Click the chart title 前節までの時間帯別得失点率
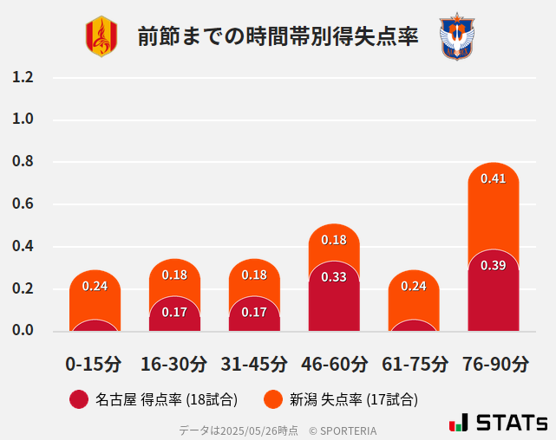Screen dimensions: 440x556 pos(278,37)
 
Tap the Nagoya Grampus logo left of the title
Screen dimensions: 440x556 pos(101,36)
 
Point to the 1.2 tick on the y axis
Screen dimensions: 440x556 pos(23,77)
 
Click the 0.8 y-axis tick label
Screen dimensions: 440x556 pos(23,161)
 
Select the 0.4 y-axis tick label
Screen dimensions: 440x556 pos(23,246)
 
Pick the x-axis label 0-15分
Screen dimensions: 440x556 pos(95,363)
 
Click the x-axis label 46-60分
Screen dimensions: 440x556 pos(334,363)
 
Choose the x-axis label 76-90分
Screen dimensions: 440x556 pos(494,363)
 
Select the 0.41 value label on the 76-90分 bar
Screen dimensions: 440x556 pos(493,178)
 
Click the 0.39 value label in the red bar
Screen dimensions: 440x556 pos(493,265)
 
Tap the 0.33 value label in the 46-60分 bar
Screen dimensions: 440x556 pos(334,277)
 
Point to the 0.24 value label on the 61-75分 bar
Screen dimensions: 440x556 pos(414,286)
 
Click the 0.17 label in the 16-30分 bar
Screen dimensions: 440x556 pos(174,312)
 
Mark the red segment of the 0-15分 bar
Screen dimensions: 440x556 pos(95,326)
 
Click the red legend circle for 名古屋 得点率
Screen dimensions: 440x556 pos(79,399)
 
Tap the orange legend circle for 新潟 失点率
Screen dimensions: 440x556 pos(273,399)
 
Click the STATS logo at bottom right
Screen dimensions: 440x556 pos(498,423)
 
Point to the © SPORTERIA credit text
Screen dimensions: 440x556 pos(343,430)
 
